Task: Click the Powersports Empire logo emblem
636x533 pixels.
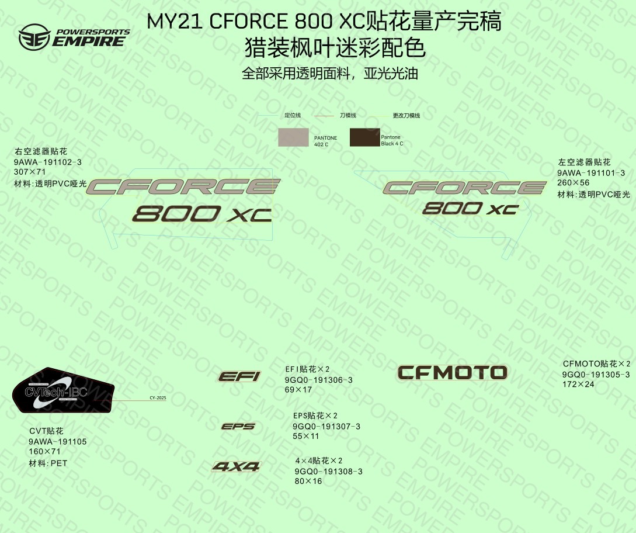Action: tap(33, 37)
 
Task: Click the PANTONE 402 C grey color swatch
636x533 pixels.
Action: tap(294, 137)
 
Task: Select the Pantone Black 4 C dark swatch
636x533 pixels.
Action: tap(364, 137)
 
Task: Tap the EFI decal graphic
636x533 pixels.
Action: tap(239, 376)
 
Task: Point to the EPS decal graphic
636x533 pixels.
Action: tap(238, 427)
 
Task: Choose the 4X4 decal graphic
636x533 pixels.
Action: tap(236, 466)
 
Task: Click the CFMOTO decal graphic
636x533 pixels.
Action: tap(452, 372)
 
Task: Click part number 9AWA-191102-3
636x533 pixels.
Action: tap(48, 162)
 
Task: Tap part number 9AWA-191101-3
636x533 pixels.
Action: tap(591, 173)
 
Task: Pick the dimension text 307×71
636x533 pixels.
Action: tap(30, 172)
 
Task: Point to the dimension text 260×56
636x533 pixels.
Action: tap(574, 183)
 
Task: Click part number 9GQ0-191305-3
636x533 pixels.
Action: tap(596, 375)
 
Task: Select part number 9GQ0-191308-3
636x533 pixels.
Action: tap(328, 472)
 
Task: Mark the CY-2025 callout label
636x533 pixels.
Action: tap(158, 398)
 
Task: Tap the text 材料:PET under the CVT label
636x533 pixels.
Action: tap(48, 463)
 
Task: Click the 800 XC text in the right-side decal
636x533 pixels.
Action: tap(470, 208)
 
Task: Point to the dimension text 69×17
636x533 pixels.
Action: tap(298, 390)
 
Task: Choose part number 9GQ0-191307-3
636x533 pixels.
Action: tap(326, 427)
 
